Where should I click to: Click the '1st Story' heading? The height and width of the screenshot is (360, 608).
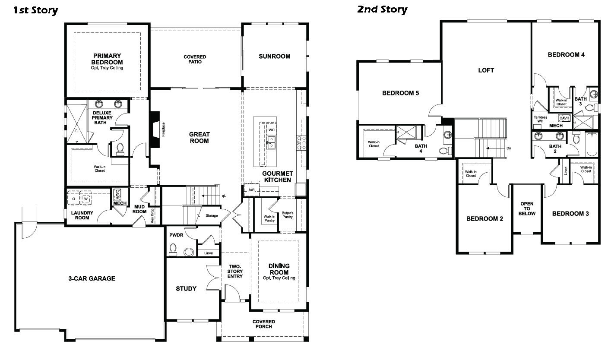point(35,10)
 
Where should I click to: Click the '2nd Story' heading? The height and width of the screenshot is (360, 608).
point(382,9)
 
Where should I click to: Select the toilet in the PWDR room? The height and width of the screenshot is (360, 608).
point(174,249)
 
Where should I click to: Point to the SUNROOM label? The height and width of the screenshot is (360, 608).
point(274,56)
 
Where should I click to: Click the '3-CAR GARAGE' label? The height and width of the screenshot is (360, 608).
point(92,278)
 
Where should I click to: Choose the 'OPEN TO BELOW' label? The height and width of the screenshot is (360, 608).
point(527,208)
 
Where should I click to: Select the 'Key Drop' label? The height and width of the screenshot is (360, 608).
point(152,215)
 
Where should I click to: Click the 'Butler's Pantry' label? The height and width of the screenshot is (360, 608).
point(288,215)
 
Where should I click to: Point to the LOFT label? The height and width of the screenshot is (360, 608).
point(486,70)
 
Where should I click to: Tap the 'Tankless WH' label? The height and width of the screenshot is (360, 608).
point(540,119)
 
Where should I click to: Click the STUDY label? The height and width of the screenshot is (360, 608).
point(186,288)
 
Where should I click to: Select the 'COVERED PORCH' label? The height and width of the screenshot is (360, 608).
point(263,324)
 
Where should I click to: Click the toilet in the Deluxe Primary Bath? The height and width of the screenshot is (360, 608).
point(120,148)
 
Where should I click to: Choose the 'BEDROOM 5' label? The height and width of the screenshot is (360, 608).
point(400,93)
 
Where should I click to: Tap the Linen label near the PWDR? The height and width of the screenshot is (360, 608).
point(208,253)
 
